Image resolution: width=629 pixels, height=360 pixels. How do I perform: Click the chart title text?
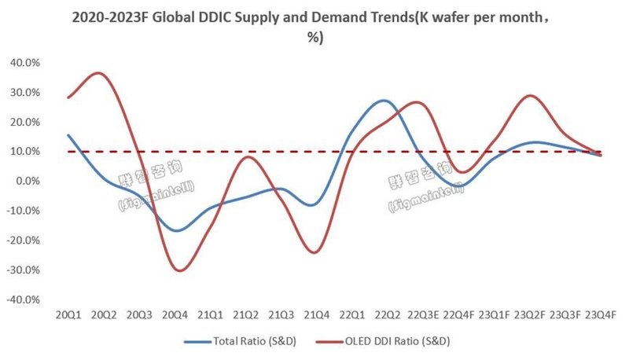314,26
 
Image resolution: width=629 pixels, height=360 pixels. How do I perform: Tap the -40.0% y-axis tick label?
24,299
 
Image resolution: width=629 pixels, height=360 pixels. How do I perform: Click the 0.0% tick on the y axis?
28,181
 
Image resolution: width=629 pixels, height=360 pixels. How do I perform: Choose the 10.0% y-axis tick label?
26,151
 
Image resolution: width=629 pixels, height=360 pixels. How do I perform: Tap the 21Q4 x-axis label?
316,314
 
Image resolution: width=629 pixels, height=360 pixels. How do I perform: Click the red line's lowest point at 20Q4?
180,270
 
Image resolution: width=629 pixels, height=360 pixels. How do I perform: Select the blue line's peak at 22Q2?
383,101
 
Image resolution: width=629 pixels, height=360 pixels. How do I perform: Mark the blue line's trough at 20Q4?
178,230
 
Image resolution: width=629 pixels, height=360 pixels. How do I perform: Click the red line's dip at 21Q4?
315,252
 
